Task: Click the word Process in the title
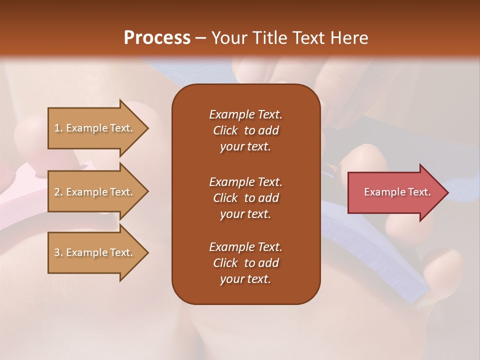157,38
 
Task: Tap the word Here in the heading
348,38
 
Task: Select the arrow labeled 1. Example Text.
95,128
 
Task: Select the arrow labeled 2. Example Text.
95,192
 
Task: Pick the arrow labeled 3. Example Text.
95,252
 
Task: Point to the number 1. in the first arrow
58,128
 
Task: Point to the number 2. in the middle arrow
58,192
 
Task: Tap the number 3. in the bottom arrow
58,252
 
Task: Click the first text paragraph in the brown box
245,130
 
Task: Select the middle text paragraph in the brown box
245,198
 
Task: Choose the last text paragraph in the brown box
245,263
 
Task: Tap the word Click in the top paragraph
225,130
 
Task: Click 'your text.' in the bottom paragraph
245,279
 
